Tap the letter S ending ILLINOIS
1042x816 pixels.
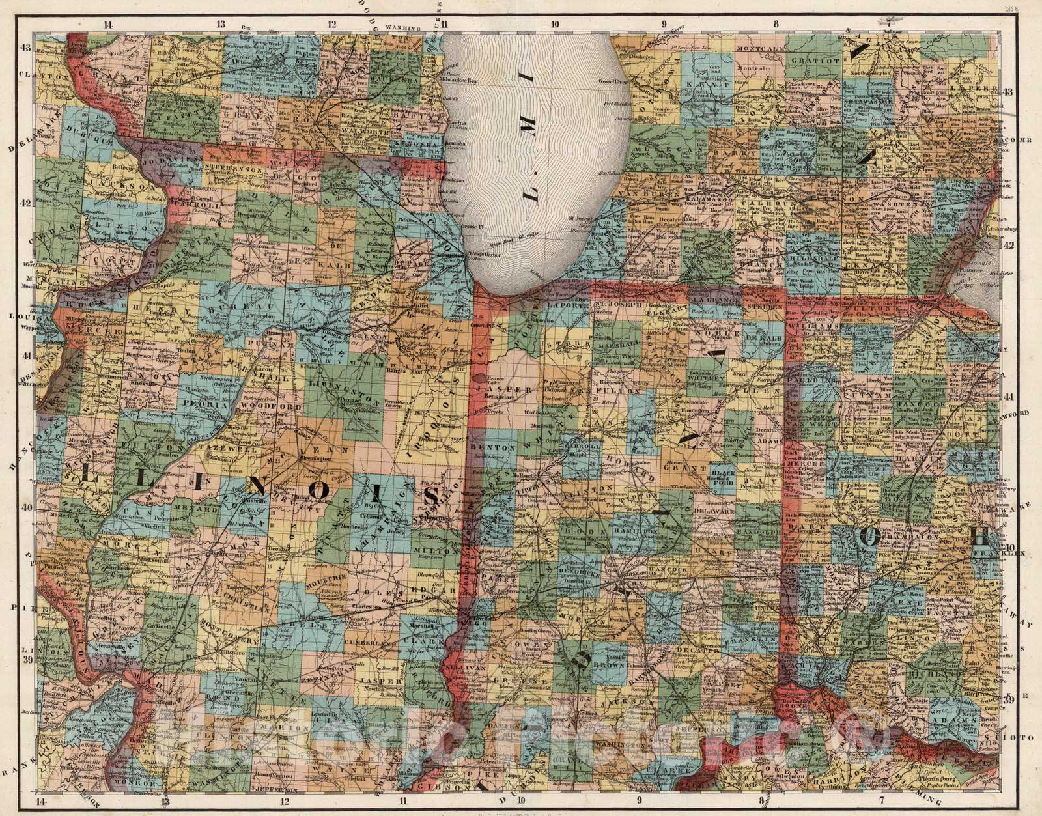(x=432, y=497)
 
